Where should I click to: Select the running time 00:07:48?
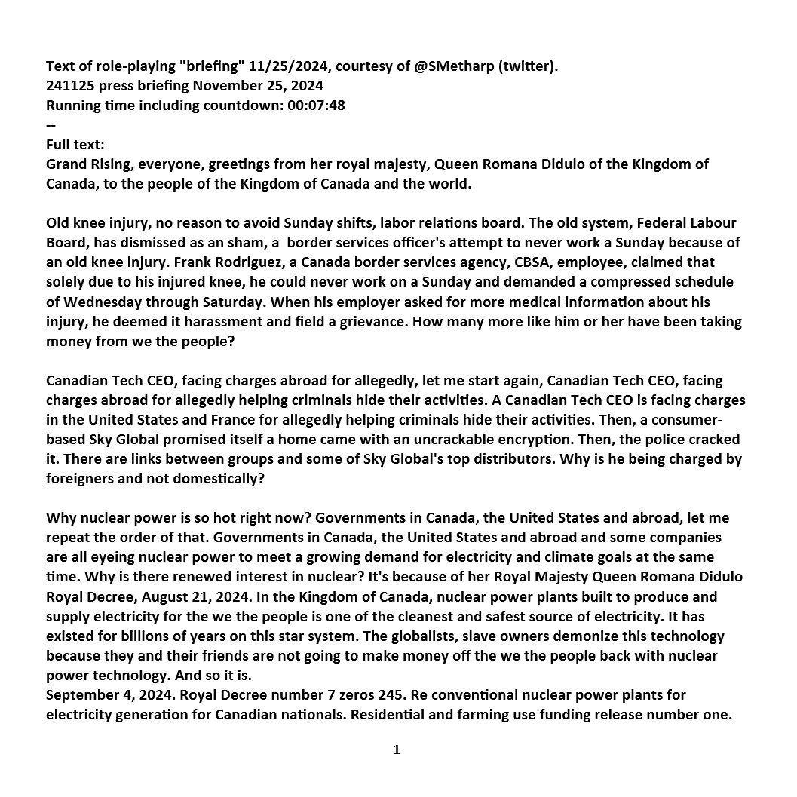[316, 106]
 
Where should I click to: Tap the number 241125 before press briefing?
[70, 86]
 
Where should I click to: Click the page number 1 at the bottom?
[396, 750]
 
